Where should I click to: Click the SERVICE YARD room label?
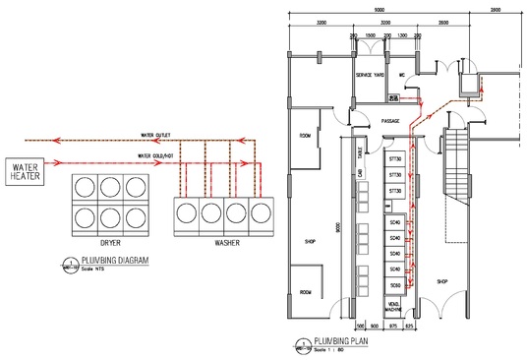[370, 76]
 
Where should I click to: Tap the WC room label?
[402, 76]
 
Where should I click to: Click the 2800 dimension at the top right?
[495, 10]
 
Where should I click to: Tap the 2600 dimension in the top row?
[443, 22]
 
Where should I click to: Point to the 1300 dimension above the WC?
[402, 34]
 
